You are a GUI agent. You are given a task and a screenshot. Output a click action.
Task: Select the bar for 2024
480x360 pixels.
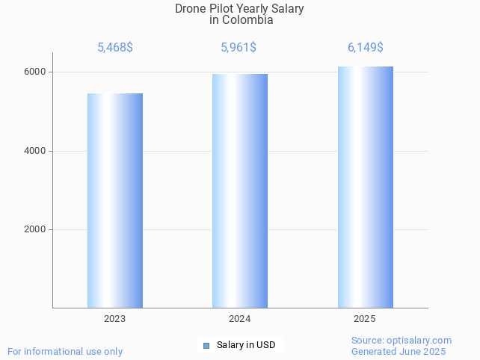point(240,190)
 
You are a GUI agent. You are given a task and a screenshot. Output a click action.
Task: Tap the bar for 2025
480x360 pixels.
point(365,187)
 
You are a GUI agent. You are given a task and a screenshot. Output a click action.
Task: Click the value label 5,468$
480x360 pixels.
point(115,48)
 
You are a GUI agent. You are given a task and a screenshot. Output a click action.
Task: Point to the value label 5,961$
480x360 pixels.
point(239,48)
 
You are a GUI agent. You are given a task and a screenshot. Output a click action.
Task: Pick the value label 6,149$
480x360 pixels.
point(365,48)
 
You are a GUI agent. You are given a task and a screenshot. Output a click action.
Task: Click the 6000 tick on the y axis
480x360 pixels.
point(35,72)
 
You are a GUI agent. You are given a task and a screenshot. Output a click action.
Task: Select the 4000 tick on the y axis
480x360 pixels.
point(35,151)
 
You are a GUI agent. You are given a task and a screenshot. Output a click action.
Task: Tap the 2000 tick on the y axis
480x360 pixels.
point(35,229)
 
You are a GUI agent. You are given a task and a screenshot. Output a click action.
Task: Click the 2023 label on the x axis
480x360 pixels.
point(115,319)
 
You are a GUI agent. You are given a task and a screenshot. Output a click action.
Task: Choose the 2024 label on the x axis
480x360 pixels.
point(240,319)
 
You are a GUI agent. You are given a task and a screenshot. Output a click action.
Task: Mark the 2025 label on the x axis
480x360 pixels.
point(365,319)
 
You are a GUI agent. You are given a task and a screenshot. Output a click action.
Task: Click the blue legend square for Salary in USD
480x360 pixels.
point(206,345)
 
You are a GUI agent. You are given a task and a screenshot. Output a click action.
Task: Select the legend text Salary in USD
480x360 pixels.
point(246,345)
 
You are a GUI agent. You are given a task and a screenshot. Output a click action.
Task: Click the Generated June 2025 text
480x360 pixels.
point(399,352)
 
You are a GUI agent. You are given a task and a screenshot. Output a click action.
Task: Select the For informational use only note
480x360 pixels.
point(65,352)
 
